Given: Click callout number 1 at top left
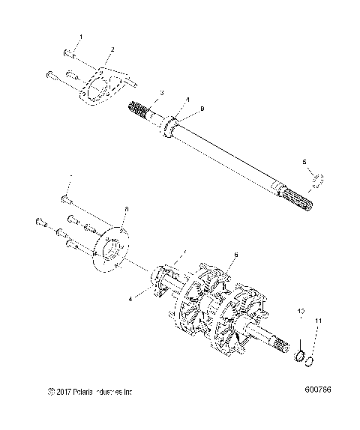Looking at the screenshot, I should pyautogui.click(x=81, y=37).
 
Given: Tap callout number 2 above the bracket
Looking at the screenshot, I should pyautogui.click(x=112, y=50).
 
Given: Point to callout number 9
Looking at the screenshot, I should pyautogui.click(x=201, y=110).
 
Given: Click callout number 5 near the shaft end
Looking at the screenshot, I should pyautogui.click(x=303, y=161).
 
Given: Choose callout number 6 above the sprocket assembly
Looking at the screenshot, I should pyautogui.click(x=237, y=255).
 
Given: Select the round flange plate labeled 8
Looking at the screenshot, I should pyautogui.click(x=110, y=250).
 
